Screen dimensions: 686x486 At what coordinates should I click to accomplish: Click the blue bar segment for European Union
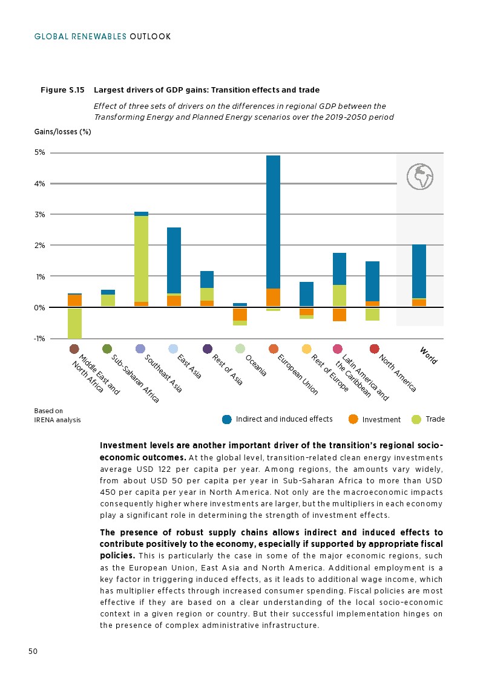(273, 221)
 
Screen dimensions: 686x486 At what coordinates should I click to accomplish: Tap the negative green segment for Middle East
(74, 323)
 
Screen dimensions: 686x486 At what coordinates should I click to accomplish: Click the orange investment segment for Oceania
(240, 314)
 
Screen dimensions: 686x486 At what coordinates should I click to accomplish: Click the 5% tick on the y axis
(39, 152)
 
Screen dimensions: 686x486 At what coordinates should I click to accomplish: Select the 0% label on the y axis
(39, 307)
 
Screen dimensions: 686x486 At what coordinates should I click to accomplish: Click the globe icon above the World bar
(420, 176)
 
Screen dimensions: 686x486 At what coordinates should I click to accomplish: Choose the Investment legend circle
(353, 419)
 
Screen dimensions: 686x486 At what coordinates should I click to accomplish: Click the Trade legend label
(435, 419)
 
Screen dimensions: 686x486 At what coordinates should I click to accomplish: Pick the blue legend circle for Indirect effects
(227, 419)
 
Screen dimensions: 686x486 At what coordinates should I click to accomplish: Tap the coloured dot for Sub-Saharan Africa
(107, 349)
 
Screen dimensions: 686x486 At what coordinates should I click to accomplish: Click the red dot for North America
(374, 349)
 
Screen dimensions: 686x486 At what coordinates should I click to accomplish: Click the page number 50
(33, 651)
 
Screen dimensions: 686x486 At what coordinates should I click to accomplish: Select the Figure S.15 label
(62, 90)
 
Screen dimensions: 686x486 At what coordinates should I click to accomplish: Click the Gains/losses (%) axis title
(62, 131)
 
